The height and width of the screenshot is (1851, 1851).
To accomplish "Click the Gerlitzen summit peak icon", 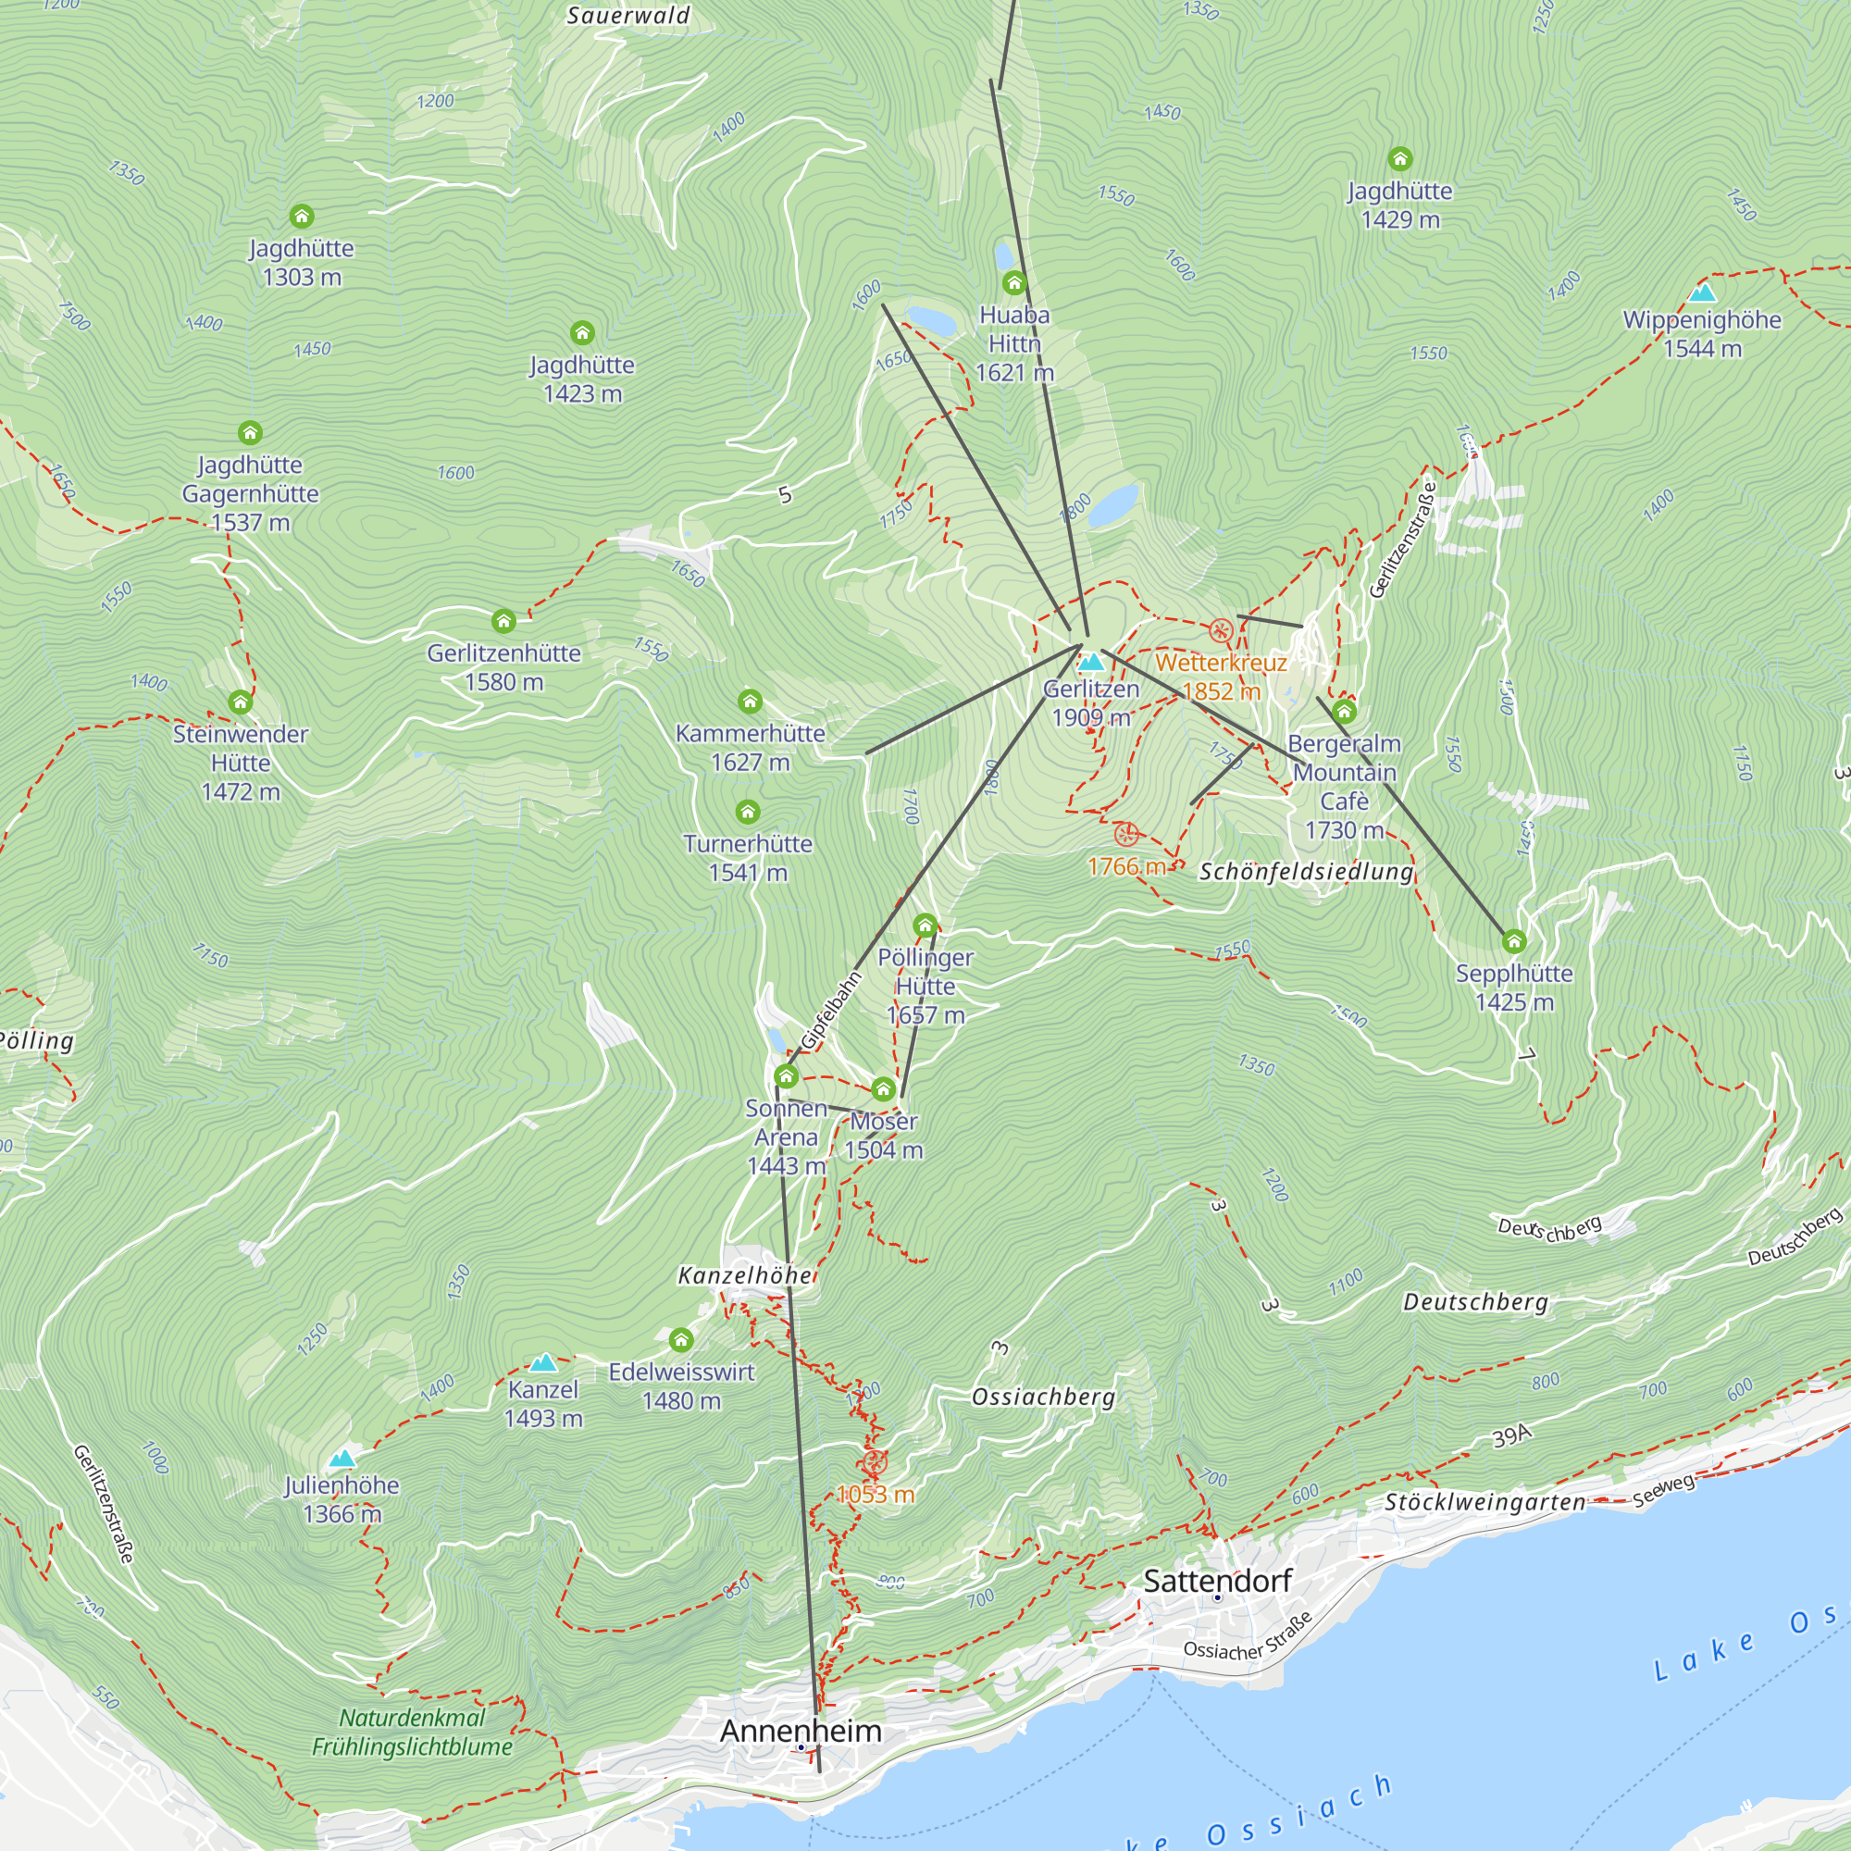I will [1090, 662].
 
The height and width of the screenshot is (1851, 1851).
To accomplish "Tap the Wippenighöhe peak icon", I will [1702, 293].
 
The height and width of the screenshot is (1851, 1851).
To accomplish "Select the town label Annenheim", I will [800, 1731].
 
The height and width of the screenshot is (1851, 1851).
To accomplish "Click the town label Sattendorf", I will [1217, 1581].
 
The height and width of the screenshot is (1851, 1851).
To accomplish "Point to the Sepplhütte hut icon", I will [1514, 942].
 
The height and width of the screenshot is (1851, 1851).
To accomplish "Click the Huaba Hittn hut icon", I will [1013, 283].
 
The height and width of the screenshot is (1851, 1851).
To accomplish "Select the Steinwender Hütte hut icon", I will [241, 703].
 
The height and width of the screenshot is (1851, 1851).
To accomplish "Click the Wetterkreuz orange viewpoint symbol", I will [1220, 630].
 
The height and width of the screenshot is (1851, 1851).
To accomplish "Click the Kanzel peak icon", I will [543, 1362].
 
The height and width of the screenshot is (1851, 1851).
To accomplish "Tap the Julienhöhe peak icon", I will [342, 1459].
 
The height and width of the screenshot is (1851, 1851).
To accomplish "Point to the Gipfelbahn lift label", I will [832, 1011].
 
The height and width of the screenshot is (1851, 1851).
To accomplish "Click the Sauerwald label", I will [627, 16].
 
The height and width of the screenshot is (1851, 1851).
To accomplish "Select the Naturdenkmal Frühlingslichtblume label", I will [412, 1733].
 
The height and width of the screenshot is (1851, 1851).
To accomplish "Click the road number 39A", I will [1512, 1435].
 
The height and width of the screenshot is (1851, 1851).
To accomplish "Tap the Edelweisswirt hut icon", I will [680, 1339].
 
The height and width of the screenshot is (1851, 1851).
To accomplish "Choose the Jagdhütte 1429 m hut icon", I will [1399, 159].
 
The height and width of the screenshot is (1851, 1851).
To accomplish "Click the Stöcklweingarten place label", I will [1485, 1502].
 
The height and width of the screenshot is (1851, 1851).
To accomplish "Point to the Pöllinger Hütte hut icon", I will [925, 925].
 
